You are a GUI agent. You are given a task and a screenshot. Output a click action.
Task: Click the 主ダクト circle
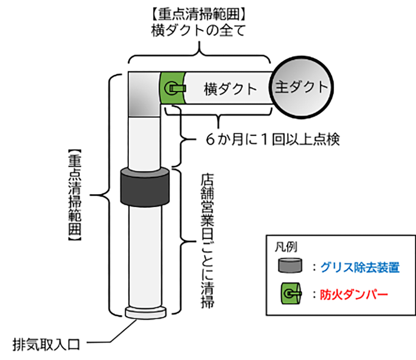(302, 88)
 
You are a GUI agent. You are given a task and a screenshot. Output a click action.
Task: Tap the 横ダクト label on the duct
(230, 89)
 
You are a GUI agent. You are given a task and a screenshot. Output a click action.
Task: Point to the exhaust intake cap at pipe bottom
(144, 313)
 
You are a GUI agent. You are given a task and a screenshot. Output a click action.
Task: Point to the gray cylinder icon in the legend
(291, 266)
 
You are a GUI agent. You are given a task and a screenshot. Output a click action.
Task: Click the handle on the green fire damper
(175, 88)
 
